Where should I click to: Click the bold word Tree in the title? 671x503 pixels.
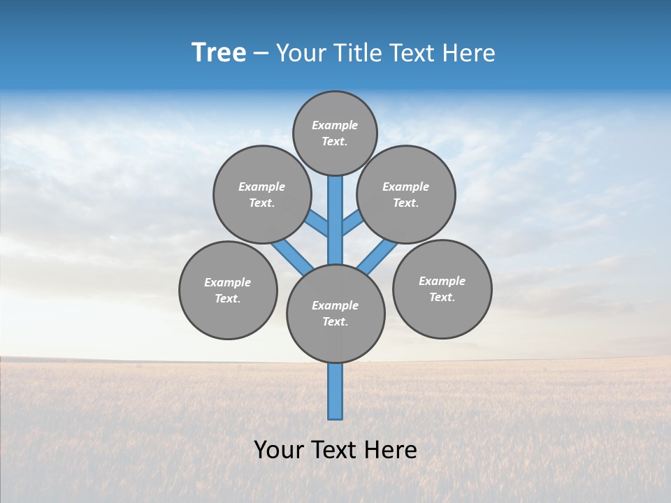point(219,52)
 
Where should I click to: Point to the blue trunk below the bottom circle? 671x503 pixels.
point(335,391)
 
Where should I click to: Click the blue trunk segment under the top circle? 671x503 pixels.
point(335,210)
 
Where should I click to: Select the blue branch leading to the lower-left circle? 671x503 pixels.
point(291,255)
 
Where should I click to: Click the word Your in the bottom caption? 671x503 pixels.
point(279,450)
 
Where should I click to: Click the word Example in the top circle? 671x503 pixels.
point(335,125)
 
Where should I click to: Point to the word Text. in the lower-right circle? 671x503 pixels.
point(442,297)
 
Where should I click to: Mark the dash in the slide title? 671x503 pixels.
point(261,54)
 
